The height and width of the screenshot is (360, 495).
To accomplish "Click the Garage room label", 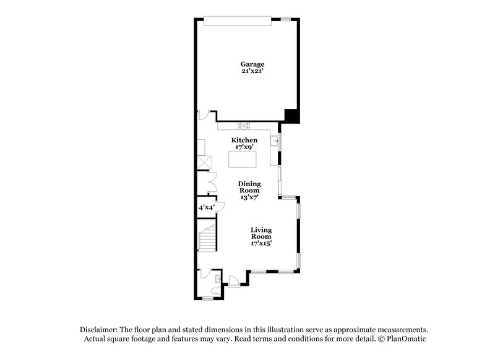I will tap(252, 64).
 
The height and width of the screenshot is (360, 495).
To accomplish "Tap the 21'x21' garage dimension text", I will tap(252, 72).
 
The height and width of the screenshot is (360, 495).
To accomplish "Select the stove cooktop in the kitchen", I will tap(244, 126).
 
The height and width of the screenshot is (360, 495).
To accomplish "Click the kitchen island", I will tap(243, 159).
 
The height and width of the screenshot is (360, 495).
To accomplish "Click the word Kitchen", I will tap(244, 140).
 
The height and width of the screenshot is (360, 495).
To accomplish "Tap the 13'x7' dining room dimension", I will tap(249, 197).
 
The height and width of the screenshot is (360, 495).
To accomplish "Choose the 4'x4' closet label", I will tap(205, 208).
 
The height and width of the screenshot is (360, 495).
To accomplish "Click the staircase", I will tap(207, 237).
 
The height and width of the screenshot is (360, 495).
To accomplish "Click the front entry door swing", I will tap(233, 280).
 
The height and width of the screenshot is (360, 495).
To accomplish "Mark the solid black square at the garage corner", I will tap(291, 116).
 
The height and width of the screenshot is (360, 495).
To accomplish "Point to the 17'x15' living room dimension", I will tap(261, 243).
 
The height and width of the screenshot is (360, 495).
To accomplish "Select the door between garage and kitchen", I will tap(203, 115).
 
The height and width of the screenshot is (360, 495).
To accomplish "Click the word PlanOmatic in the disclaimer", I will tap(405, 339).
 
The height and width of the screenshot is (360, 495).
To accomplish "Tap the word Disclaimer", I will tap(100, 330).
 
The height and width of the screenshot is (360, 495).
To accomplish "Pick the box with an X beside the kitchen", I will tap(204, 163).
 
